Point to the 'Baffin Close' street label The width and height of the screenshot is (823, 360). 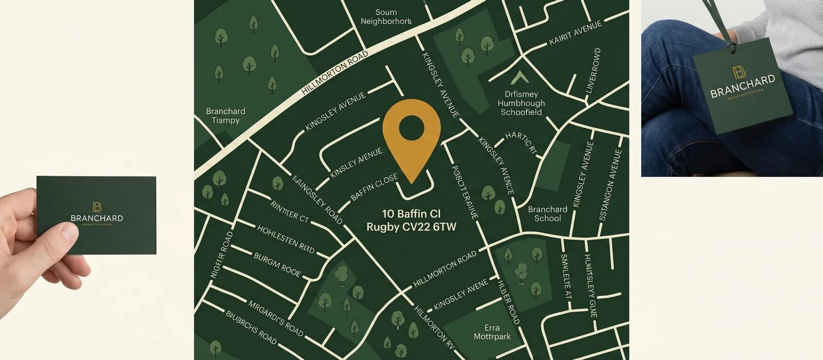(x=374, y=188)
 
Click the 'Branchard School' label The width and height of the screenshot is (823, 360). (x=547, y=213)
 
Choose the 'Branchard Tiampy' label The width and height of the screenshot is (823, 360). (x=225, y=116)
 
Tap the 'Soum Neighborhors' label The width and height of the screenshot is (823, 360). (x=386, y=17)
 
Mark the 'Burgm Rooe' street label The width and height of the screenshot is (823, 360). (x=277, y=264)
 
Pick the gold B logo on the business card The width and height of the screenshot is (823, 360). (x=96, y=207)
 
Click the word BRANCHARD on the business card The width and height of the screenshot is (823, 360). (x=97, y=218)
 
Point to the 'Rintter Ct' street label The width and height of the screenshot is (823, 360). (x=289, y=211)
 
